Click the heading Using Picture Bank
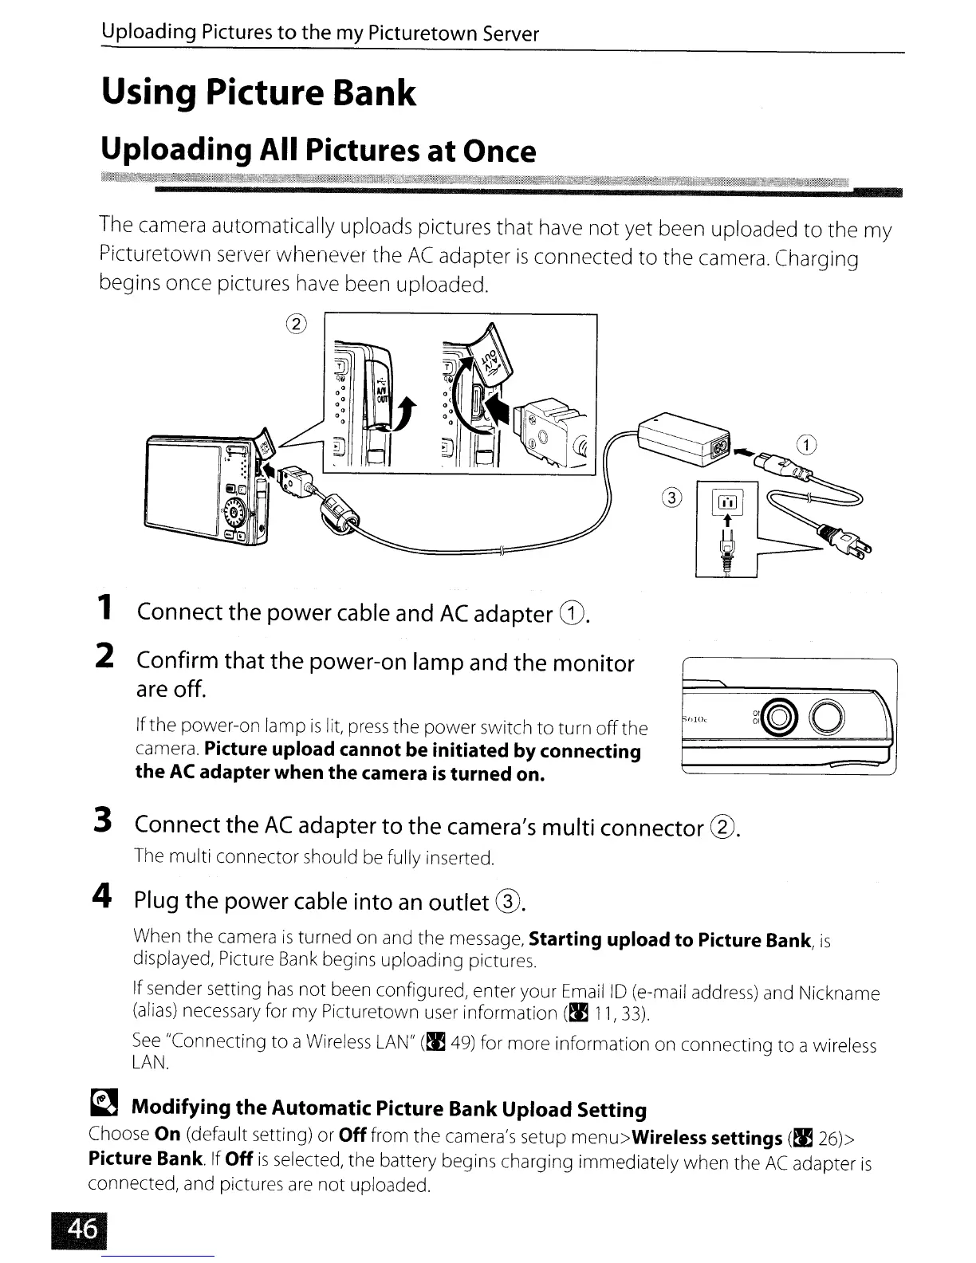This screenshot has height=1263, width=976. pyautogui.click(x=258, y=92)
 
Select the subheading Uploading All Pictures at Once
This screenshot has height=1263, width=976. pyautogui.click(x=317, y=151)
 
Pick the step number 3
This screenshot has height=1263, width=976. pyautogui.click(x=103, y=821)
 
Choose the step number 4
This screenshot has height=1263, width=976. pyautogui.click(x=101, y=897)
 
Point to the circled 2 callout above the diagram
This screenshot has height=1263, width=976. pyautogui.click(x=295, y=324)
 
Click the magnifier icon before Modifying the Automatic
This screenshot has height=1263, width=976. pyautogui.click(x=104, y=1105)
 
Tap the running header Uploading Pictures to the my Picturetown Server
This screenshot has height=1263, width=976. pyautogui.click(x=320, y=33)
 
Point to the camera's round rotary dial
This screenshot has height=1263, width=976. pyautogui.click(x=237, y=510)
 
